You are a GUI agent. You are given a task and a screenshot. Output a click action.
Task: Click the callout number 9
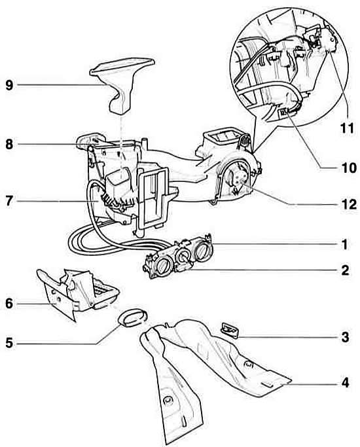point(9,85)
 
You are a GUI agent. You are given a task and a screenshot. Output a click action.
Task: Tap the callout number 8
point(9,144)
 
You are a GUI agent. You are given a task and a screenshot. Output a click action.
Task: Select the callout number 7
point(9,202)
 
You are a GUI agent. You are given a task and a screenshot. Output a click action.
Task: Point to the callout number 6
point(9,304)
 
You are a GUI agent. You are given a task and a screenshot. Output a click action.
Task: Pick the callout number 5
point(9,343)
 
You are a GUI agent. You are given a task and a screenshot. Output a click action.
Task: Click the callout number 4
point(345,383)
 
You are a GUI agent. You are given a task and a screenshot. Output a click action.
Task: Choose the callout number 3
point(345,337)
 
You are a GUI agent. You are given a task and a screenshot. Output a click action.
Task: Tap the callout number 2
point(345,270)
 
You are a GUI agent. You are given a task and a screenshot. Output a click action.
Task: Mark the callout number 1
point(345,245)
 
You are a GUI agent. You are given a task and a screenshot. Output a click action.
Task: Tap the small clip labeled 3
point(229,330)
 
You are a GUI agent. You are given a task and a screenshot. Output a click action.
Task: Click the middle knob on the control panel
point(182,257)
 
